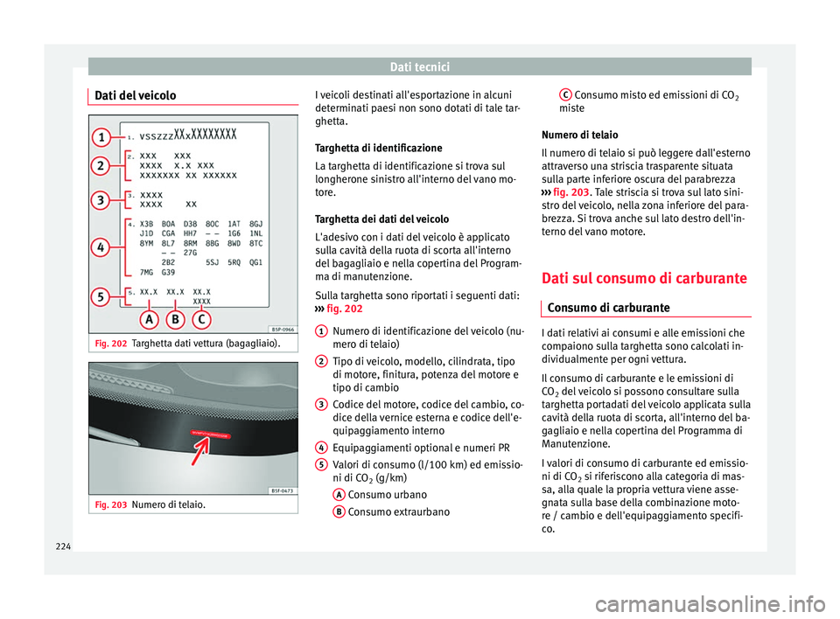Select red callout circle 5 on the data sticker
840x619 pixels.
(103, 296)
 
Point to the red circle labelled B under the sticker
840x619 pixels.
(176, 321)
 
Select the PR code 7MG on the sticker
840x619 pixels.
(149, 273)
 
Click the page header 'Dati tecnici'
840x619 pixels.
(419, 66)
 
